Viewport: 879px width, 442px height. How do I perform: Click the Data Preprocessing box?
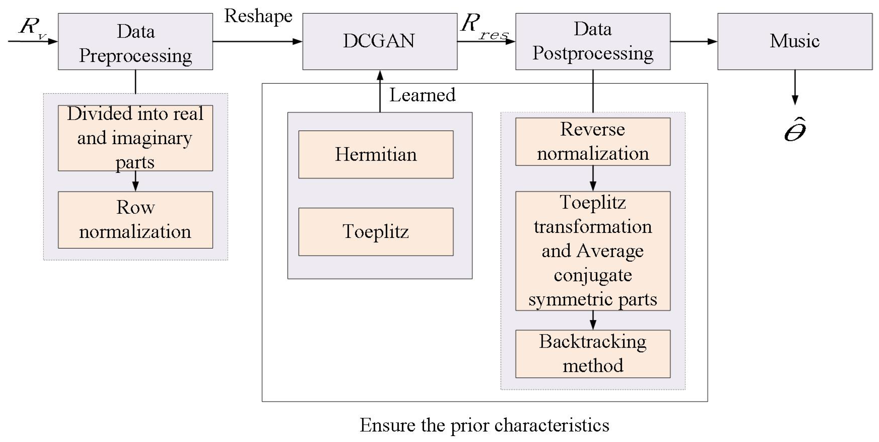pos(135,42)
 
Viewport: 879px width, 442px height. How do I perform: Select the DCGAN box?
pos(380,42)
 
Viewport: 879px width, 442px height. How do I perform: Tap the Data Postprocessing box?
pos(592,42)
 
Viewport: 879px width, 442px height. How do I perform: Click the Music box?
pos(794,42)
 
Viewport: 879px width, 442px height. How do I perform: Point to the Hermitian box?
pos(376,154)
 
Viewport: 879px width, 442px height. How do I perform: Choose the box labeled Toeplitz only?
pos(376,232)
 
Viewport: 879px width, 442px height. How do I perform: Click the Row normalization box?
pos(135,220)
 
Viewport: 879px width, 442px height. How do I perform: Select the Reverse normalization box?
pos(592,142)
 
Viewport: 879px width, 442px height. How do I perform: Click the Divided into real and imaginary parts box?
pos(135,138)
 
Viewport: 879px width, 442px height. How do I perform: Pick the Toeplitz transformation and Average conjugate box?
pos(592,251)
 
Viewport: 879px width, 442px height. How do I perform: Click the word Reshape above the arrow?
pos(258,16)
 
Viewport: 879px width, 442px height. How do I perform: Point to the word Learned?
pos(422,95)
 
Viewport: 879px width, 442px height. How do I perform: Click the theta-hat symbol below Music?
pos(795,130)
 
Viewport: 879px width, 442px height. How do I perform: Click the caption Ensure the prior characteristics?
pos(484,425)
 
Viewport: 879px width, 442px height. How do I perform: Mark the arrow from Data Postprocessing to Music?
pos(693,42)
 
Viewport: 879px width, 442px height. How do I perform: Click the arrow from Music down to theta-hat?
pos(795,87)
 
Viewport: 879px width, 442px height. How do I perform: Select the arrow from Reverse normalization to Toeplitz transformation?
pos(593,178)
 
